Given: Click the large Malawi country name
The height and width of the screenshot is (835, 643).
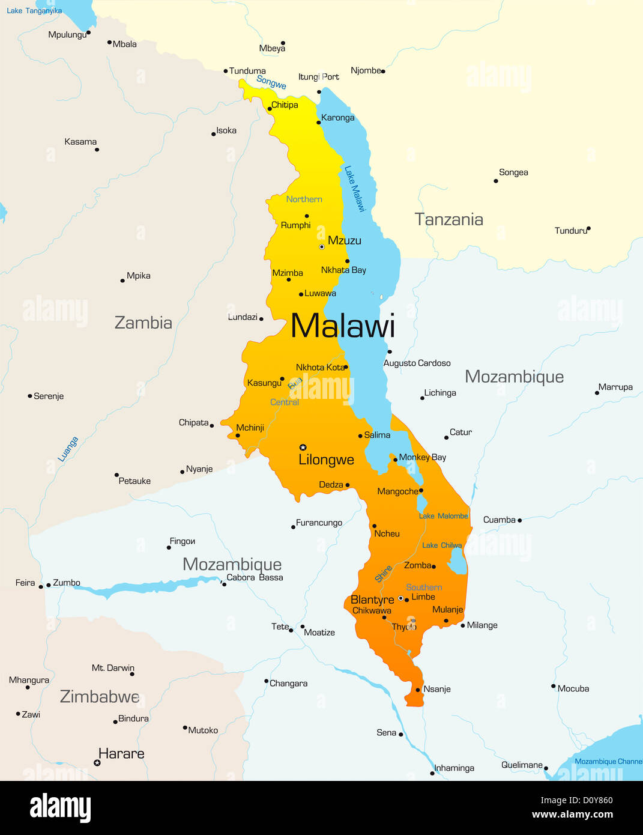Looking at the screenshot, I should [x=343, y=326].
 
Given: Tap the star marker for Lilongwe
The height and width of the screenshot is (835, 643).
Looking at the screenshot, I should [x=303, y=447].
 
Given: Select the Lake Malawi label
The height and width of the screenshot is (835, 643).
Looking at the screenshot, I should [x=354, y=189].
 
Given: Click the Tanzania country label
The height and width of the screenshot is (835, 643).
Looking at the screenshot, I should [x=448, y=220].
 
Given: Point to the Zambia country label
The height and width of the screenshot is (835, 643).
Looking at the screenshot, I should [x=143, y=323].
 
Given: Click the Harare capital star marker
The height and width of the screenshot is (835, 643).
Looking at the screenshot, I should [x=97, y=763].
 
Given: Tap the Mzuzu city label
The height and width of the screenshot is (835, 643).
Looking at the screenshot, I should [x=345, y=241].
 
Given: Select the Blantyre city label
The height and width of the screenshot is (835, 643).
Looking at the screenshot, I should [x=372, y=600].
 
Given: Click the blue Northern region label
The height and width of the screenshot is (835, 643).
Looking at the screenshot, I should [x=304, y=199].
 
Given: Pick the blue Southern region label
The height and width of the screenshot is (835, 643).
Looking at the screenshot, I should [x=424, y=588].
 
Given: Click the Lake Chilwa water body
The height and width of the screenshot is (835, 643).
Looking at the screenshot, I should [x=457, y=563].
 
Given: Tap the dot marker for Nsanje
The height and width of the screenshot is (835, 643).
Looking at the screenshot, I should [x=418, y=690].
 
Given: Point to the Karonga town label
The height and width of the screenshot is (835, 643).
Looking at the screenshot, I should [x=337, y=118].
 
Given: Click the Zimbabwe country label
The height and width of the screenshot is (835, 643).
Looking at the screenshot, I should [x=100, y=697].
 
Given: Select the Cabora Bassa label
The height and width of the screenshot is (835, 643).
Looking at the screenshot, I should [x=255, y=577].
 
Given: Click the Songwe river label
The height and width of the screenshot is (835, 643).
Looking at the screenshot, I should [x=271, y=82].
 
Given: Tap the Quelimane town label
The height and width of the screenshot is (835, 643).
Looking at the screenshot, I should [x=522, y=765].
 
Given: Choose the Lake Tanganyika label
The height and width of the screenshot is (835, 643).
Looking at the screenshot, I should [x=34, y=11].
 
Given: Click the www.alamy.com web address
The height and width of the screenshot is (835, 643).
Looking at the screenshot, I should [x=572, y=815].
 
